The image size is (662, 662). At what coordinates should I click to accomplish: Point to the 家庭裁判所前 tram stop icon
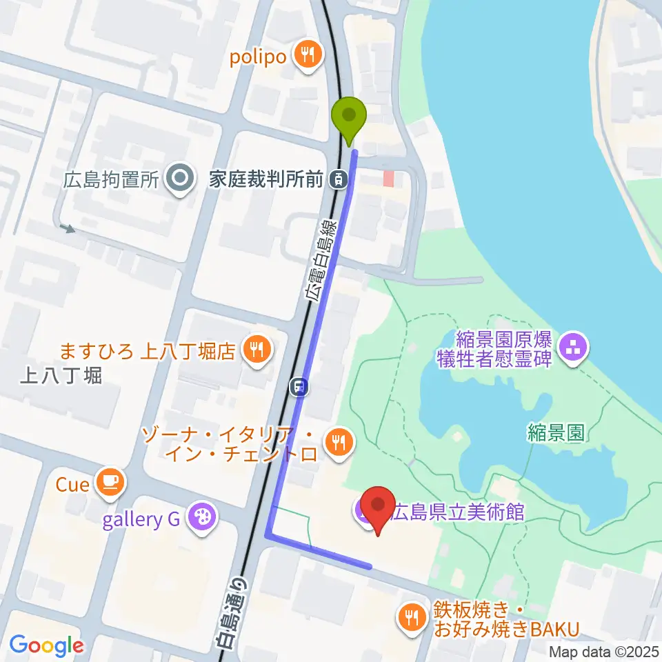339,180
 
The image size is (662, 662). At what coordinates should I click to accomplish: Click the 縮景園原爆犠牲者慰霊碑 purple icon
573,348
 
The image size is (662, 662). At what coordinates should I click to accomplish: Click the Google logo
46,645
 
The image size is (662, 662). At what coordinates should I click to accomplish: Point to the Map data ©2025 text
603,651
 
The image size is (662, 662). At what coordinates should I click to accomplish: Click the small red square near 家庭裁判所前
389,179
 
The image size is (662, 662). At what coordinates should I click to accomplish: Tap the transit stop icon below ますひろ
299,387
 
